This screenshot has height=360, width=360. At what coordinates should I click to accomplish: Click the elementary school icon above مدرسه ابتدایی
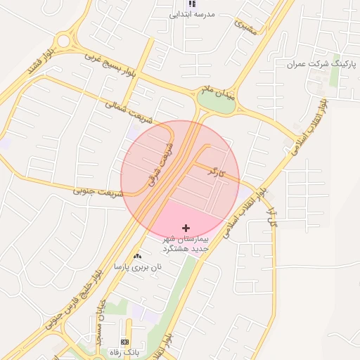pyautogui.click(x=192, y=4)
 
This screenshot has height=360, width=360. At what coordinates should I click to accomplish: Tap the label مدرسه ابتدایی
pyautogui.click(x=192, y=14)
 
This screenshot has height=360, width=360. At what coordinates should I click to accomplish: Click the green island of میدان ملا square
pyautogui.click(x=216, y=101)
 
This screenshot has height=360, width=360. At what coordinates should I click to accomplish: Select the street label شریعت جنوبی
pyautogui.click(x=96, y=190)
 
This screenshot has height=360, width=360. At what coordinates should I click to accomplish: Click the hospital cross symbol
pyautogui.click(x=186, y=228)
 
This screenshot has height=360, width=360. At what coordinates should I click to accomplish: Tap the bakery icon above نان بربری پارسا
pyautogui.click(x=137, y=256)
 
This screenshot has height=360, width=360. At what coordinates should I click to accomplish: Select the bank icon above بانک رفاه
pyautogui.click(x=125, y=342)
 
